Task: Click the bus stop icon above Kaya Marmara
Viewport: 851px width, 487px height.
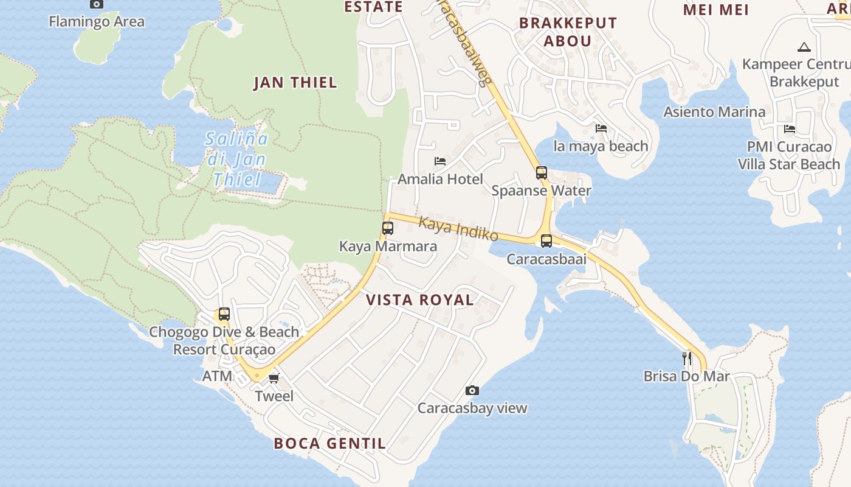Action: coord(387,228)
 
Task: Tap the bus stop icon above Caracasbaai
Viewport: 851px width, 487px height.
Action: coord(546,240)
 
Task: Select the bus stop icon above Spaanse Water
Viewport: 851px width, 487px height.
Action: coord(541,172)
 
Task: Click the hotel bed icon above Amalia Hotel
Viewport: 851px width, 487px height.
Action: coord(440,161)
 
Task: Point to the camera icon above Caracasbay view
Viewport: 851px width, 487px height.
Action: coord(472,390)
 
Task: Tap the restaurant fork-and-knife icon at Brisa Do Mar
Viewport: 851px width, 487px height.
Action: coord(687,358)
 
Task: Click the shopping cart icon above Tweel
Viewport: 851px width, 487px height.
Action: coord(274,378)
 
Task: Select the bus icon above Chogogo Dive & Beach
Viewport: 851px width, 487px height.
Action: coord(224,314)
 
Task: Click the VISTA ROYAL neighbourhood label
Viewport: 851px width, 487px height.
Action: coord(420,300)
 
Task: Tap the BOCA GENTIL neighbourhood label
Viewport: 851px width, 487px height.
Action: coord(329,443)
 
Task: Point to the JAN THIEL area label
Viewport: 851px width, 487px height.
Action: coord(295,83)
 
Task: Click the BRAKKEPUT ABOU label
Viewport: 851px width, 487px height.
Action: coord(568,32)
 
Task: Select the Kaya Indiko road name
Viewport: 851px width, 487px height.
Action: coord(458,229)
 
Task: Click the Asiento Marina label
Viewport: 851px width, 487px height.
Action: coord(714,112)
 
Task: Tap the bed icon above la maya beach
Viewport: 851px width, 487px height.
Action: coord(601,128)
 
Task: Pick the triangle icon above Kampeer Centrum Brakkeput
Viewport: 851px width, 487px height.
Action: coord(804,47)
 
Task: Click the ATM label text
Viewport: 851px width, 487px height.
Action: coord(217,376)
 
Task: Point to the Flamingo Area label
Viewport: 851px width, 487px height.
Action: coord(97,22)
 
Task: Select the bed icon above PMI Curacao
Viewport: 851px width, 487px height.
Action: coord(790,128)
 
